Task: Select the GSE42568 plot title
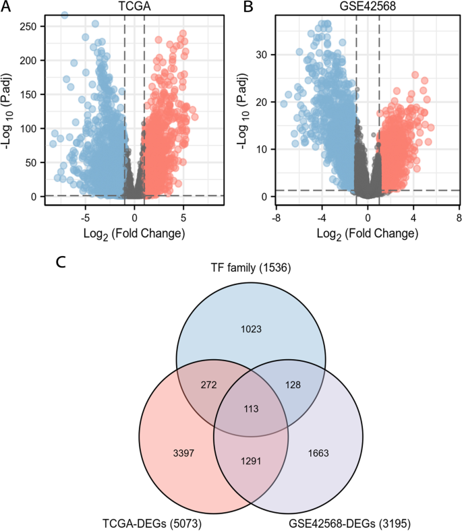(366, 6)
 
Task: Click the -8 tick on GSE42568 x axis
(276, 218)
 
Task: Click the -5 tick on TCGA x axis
(85, 218)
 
